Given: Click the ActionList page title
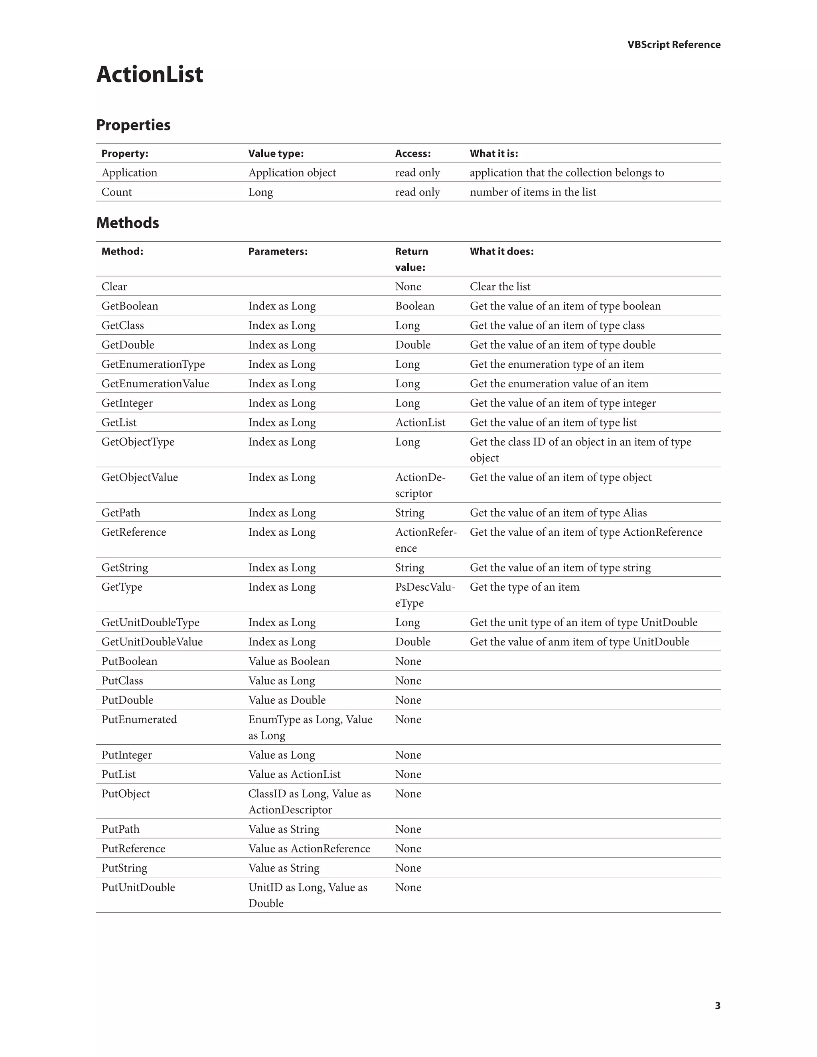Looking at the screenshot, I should click(x=150, y=75).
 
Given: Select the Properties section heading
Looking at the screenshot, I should click(x=133, y=125).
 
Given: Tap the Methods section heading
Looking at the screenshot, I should click(x=127, y=223).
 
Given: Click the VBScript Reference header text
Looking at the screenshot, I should click(x=673, y=45).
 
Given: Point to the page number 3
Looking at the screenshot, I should click(x=717, y=1006).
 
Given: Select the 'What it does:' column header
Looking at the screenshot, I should click(x=501, y=251).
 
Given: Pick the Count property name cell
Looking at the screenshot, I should click(x=116, y=192).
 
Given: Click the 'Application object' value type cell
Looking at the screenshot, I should click(x=292, y=173).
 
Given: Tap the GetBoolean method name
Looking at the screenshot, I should click(x=130, y=306).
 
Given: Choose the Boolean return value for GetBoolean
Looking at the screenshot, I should click(x=414, y=306).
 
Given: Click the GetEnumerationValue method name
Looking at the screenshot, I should click(x=155, y=384).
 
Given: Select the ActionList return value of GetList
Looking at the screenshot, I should click(x=420, y=422).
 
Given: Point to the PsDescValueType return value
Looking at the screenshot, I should click(x=424, y=595).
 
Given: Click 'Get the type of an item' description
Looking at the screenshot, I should click(x=524, y=587).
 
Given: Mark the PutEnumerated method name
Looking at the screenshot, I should click(x=139, y=720).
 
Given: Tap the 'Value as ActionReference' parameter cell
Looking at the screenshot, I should click(x=309, y=848).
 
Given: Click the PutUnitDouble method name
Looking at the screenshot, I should click(x=138, y=887).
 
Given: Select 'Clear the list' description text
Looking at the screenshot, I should click(x=500, y=286).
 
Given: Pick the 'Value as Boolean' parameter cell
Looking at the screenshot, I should click(x=288, y=661).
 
